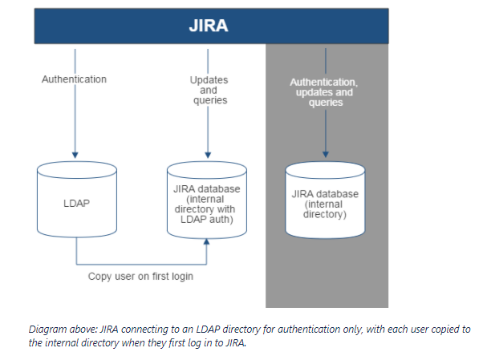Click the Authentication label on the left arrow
(x=74, y=79)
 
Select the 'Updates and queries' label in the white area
(x=209, y=90)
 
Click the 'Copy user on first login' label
(x=140, y=277)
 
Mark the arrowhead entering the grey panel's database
(x=325, y=153)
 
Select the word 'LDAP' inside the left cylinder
(x=77, y=204)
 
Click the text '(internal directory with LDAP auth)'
(x=208, y=209)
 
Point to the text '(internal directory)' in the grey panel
(x=325, y=209)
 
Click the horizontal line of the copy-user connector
(x=140, y=263)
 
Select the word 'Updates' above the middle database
(x=209, y=79)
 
